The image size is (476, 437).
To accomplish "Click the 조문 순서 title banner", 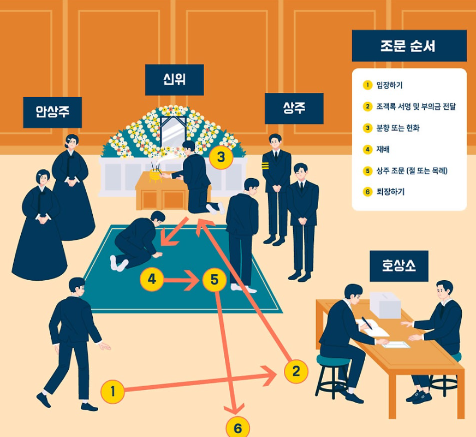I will pyautogui.click(x=409, y=46).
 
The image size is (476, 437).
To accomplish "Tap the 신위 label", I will pyautogui.click(x=174, y=80).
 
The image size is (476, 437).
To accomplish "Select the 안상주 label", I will pyautogui.click(x=52, y=113).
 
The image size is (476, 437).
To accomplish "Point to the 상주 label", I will pyautogui.click(x=294, y=108).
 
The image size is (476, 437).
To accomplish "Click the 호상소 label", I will pyautogui.click(x=399, y=266).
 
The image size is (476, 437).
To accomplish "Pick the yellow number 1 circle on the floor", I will pyautogui.click(x=113, y=391).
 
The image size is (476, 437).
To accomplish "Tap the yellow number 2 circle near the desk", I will pyautogui.click(x=296, y=372).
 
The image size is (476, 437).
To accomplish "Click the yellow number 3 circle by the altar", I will pyautogui.click(x=221, y=157).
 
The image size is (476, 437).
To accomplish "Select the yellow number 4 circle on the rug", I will pyautogui.click(x=152, y=280).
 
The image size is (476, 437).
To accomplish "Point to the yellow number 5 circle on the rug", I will pyautogui.click(x=214, y=280).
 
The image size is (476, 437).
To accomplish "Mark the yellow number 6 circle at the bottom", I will pyautogui.click(x=237, y=428).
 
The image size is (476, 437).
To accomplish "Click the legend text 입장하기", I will pyautogui.click(x=389, y=85).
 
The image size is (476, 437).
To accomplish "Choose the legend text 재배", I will pyautogui.click(x=383, y=149).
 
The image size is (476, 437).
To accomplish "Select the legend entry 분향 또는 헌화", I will pyautogui.click(x=398, y=128).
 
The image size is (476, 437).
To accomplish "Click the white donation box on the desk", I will pyautogui.click(x=385, y=304).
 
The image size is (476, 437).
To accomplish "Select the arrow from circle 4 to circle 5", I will pyautogui.click(x=182, y=281).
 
